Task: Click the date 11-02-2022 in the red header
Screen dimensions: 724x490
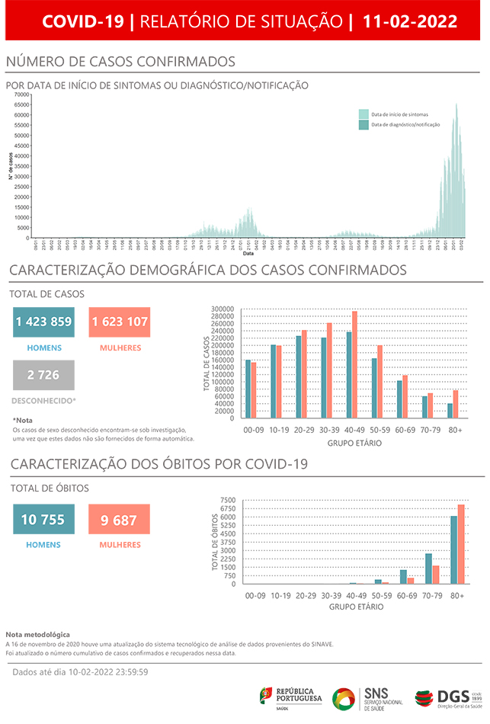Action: [411, 21]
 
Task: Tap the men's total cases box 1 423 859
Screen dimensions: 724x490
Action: [43, 322]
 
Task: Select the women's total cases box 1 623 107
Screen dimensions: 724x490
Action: [119, 322]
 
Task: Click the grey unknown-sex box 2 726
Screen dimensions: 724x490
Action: [43, 374]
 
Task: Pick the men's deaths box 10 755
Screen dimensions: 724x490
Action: [43, 520]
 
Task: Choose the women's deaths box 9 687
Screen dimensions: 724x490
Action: [119, 520]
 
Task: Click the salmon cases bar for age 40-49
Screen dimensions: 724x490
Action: [354, 364]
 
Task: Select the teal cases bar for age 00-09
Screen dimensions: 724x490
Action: [248, 389]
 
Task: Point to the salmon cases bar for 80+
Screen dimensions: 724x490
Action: [456, 404]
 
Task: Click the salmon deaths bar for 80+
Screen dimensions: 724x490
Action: [460, 544]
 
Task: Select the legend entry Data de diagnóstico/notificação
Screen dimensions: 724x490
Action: [404, 124]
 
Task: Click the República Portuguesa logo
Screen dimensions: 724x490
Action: [291, 697]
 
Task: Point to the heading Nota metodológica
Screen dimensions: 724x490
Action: [37, 634]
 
